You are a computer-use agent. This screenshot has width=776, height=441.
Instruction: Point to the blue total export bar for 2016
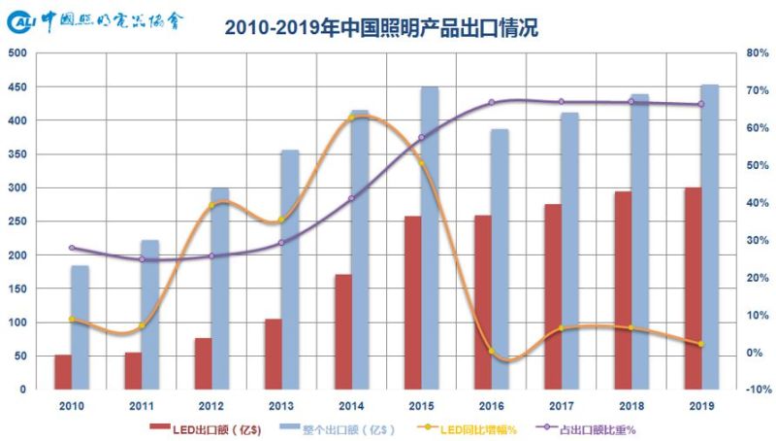tap(500, 258)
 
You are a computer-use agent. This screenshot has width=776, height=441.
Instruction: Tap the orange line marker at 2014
tap(351, 119)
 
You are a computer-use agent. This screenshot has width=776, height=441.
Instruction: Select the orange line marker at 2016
tap(492, 351)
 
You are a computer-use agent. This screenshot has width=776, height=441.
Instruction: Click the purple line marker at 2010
tap(71, 248)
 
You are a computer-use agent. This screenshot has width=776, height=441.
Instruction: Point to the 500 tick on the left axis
tap(16, 53)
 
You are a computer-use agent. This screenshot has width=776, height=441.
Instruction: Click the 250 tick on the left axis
tap(16, 221)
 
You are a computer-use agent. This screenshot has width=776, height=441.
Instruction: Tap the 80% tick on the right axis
tap(758, 53)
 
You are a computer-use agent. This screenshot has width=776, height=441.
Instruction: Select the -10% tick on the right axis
tap(757, 390)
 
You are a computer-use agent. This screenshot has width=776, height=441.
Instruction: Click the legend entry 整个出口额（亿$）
tap(336, 427)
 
